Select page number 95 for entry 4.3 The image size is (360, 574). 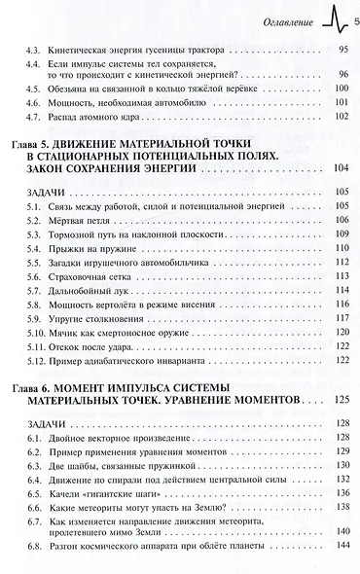point(342,50)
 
